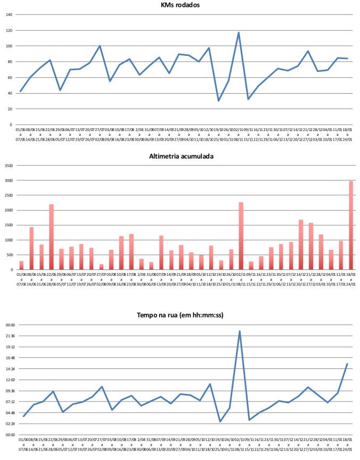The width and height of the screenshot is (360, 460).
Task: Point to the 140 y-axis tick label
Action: [x=9, y=14]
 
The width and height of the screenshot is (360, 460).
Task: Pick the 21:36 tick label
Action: [x=11, y=336]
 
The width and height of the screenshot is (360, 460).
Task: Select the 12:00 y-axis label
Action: [x=11, y=380]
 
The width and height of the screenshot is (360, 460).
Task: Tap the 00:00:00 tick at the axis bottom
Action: [x=11, y=435]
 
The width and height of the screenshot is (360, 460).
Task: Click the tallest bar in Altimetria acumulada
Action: [x=351, y=225]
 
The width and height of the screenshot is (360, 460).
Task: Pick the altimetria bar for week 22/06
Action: [x=51, y=237]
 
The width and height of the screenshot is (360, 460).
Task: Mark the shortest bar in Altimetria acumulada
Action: [x=101, y=267]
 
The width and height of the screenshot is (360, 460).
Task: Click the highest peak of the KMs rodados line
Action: [x=239, y=33]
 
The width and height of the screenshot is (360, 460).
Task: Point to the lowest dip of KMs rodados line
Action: [x=218, y=101]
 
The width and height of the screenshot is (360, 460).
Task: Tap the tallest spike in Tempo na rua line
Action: [x=240, y=331]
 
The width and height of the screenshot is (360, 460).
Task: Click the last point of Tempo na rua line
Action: [x=347, y=364]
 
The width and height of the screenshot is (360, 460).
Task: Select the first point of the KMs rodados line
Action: [x=21, y=92]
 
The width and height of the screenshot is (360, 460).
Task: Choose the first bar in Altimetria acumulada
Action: [x=21, y=265]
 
